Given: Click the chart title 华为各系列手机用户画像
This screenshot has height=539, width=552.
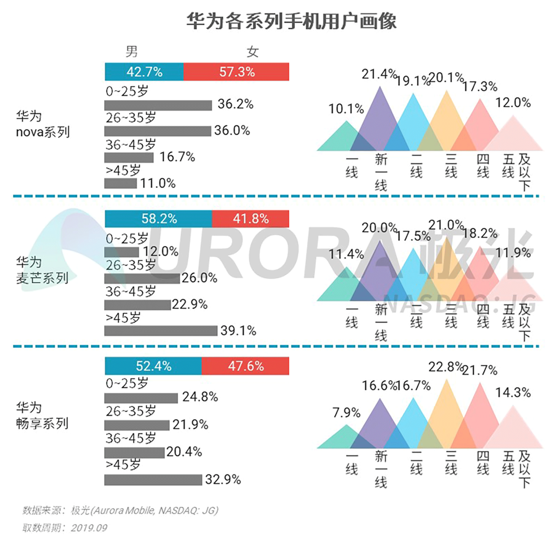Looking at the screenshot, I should [291, 22].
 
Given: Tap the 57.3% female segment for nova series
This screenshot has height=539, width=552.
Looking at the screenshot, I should [236, 72].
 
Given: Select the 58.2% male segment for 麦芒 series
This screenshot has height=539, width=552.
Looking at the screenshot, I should [159, 219].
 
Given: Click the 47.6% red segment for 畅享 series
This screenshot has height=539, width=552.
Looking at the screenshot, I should [245, 366].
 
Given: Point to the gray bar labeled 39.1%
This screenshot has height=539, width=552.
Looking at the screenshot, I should [161, 331].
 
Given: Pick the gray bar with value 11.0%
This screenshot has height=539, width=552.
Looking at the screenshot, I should [120, 183].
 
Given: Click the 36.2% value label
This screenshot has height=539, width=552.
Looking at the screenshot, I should [235, 104].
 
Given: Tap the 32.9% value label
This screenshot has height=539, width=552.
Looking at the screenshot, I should [223, 480].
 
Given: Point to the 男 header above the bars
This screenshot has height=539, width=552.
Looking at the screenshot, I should [132, 52].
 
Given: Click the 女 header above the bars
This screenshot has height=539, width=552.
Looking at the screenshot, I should [253, 52].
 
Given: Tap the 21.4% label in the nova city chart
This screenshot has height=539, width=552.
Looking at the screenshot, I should [379, 74].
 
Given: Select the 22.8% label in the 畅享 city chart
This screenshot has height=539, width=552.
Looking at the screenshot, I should [446, 367].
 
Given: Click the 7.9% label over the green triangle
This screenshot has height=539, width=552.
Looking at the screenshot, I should [346, 413].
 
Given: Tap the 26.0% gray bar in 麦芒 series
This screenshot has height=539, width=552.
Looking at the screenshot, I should [142, 279].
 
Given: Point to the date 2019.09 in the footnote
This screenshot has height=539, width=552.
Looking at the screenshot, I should [89, 528].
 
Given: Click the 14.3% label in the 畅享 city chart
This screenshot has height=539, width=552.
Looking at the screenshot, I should [513, 393].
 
